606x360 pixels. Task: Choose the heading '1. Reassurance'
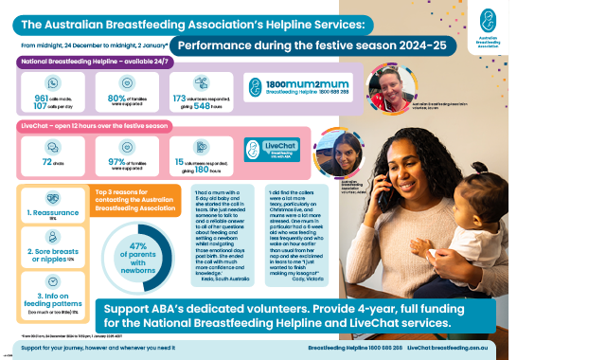(52, 214)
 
